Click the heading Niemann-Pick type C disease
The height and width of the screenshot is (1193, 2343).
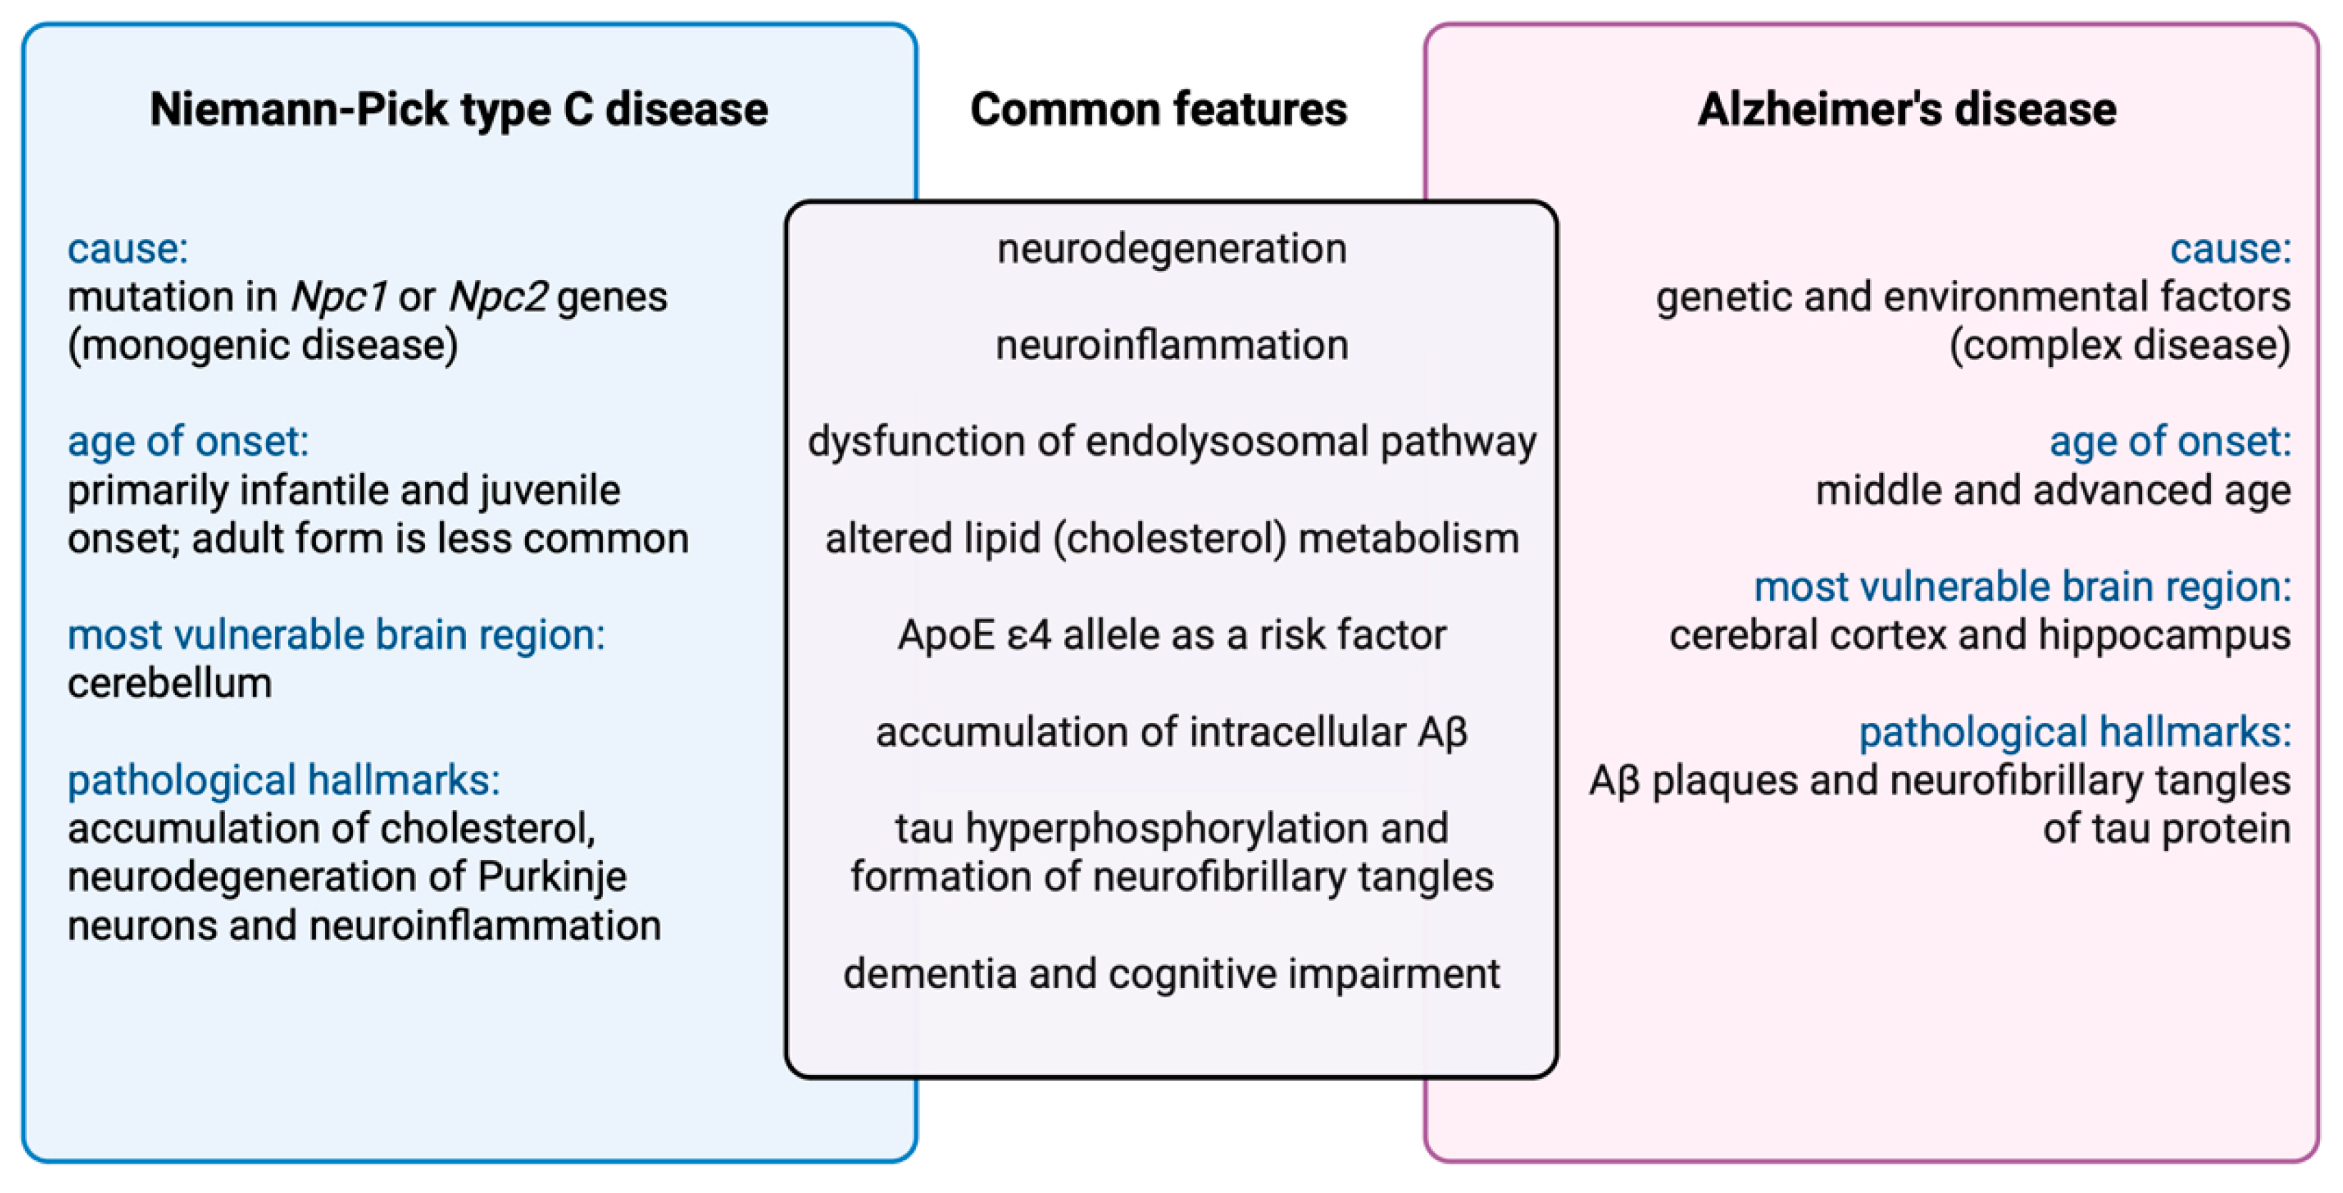coord(459,109)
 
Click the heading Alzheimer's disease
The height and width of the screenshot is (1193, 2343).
coord(1906,109)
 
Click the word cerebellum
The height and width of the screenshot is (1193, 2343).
coord(169,684)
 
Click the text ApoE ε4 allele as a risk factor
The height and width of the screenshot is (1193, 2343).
coord(1172,634)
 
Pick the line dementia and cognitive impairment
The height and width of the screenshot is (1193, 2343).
coord(1172,974)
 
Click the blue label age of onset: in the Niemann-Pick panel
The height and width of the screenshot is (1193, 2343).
coord(188,442)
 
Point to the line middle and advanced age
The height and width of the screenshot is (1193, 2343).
coord(2053,491)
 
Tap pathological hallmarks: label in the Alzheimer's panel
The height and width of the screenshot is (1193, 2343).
coord(2074,732)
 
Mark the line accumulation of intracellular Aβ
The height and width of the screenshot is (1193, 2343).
coord(1172,732)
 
